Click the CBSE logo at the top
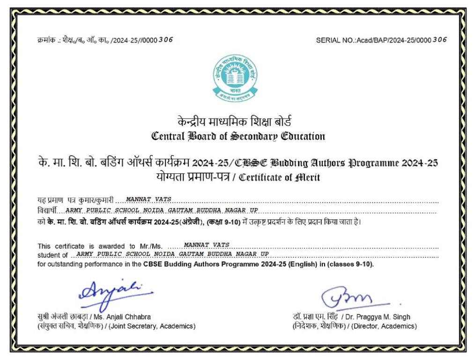click(x=236, y=78)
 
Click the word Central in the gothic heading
click(x=168, y=137)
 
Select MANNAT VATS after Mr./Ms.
click(x=207, y=245)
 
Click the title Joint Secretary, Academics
click(x=152, y=326)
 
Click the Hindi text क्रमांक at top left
click(x=47, y=40)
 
